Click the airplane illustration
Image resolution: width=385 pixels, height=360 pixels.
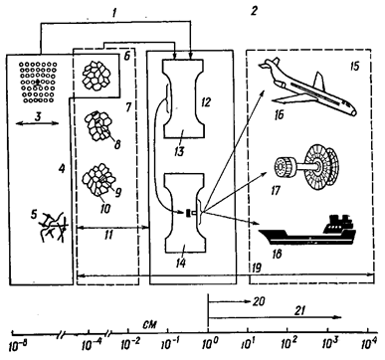(x=306, y=88)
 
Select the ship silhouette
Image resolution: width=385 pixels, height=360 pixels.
(x=306, y=232)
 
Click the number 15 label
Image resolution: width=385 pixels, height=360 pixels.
(x=354, y=66)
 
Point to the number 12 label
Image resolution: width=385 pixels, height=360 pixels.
(x=206, y=102)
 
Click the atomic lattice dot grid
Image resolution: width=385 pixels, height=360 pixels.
(x=38, y=82)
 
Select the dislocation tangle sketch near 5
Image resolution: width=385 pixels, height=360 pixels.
(x=53, y=227)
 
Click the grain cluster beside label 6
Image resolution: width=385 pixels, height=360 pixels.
(x=96, y=77)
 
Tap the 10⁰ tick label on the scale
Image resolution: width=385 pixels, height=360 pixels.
(x=208, y=345)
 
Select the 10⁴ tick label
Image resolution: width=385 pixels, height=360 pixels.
(x=368, y=345)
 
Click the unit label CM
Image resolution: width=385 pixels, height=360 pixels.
(x=149, y=323)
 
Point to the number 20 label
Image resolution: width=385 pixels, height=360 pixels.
(x=259, y=300)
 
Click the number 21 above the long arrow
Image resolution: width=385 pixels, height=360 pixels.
(x=298, y=310)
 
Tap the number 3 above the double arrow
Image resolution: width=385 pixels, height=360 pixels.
(x=38, y=116)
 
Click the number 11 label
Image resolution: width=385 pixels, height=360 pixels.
(x=108, y=235)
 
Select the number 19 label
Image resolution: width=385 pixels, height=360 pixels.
(x=256, y=268)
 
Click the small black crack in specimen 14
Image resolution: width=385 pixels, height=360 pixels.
(x=188, y=212)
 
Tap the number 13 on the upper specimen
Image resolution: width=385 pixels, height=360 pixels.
(x=179, y=151)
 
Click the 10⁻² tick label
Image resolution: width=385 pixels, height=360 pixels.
(x=128, y=345)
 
